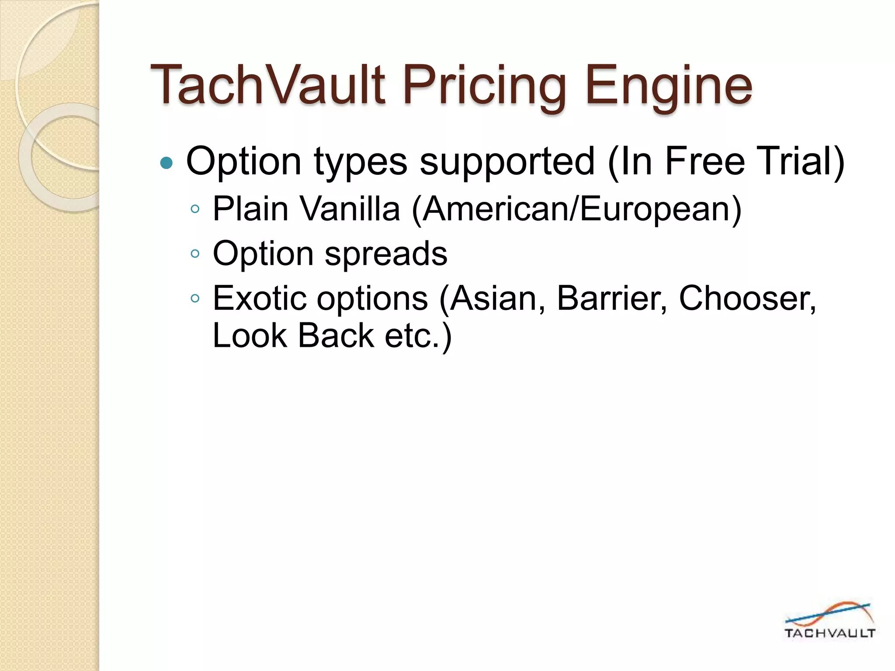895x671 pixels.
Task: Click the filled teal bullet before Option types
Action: [x=167, y=163]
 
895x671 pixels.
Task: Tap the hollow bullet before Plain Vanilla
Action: [x=195, y=209]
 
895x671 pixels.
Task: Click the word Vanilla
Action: [x=350, y=209]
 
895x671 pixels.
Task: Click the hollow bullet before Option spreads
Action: [x=195, y=254]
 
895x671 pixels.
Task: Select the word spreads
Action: [x=386, y=254]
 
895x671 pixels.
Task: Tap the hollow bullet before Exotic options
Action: [x=195, y=299]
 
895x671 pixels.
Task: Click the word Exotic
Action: [x=260, y=298]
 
